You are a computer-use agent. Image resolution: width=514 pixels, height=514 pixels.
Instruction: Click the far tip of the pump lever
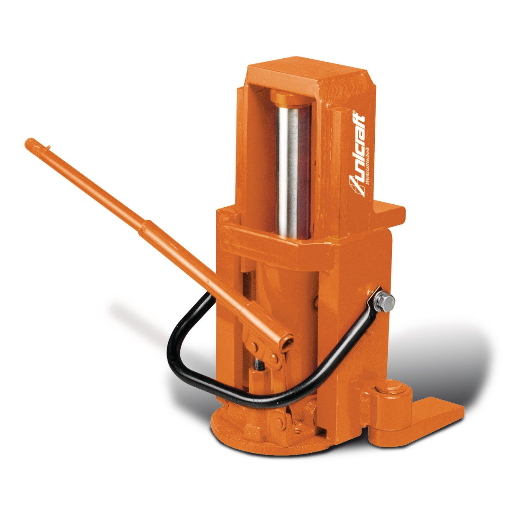point(29,143)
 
